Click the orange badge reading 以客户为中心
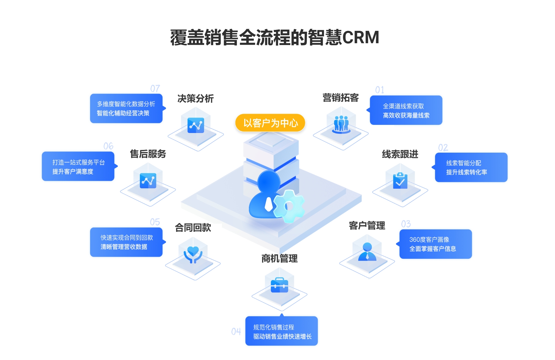[x=270, y=123]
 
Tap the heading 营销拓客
[x=340, y=98]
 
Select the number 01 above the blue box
[x=380, y=90]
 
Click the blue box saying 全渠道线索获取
[x=406, y=110]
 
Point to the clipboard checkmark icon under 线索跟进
[x=400, y=181]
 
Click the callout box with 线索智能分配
[x=471, y=167]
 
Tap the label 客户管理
[x=367, y=225]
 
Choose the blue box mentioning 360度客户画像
[x=435, y=244]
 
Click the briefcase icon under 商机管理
[x=279, y=285]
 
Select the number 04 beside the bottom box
[x=236, y=332]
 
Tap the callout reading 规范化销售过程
[x=281, y=331]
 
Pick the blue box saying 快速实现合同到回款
[x=126, y=242]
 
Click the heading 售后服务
[x=148, y=154]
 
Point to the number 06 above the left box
[x=108, y=146]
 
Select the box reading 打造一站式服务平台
[x=78, y=167]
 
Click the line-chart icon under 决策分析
[x=196, y=125]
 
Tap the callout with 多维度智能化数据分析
[x=126, y=109]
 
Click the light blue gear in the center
[x=289, y=206]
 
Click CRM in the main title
[x=360, y=37]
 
